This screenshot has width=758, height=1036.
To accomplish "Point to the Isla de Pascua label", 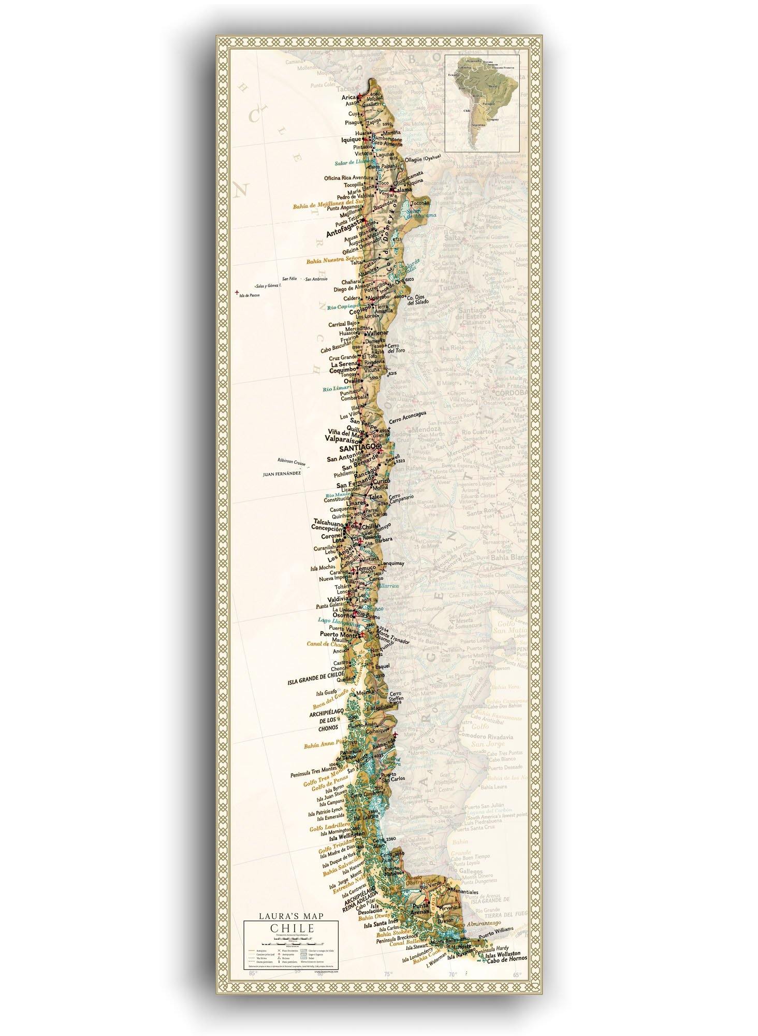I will pyautogui.click(x=250, y=295).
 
